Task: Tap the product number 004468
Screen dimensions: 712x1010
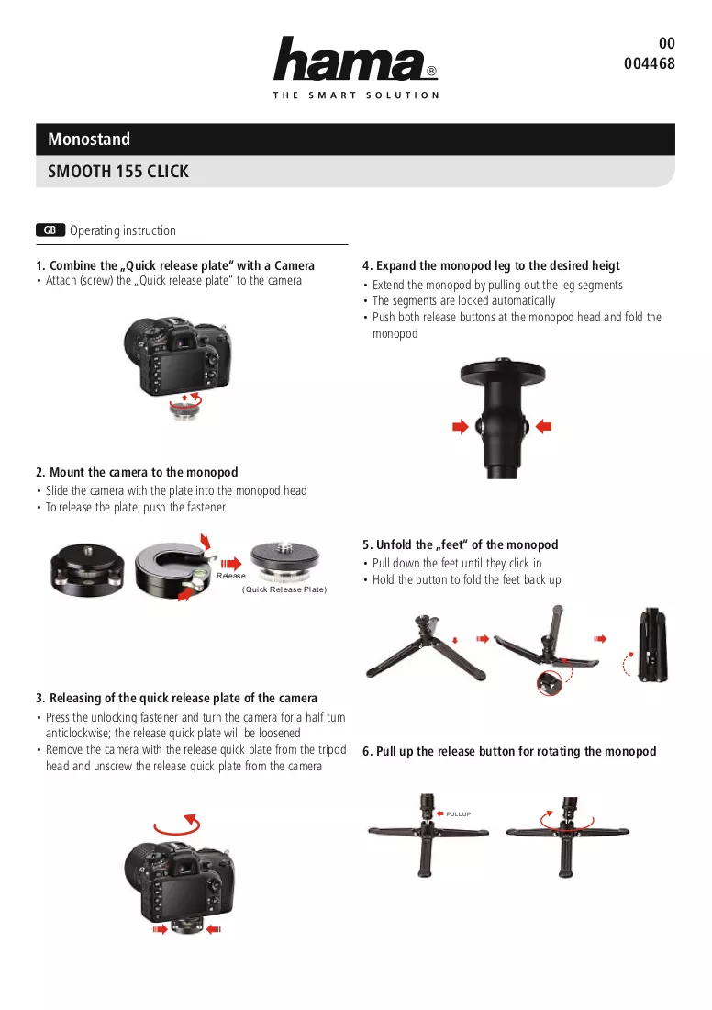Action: click(649, 63)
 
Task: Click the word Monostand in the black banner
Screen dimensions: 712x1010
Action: click(89, 140)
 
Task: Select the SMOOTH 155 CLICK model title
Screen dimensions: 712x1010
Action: click(118, 172)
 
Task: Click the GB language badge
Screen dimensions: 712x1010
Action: click(50, 230)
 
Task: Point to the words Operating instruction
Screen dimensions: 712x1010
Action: click(123, 230)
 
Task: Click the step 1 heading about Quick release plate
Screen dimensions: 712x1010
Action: click(175, 265)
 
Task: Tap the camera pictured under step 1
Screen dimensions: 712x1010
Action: click(177, 356)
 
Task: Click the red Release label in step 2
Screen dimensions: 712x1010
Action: click(230, 576)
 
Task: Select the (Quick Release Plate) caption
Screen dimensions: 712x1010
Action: click(284, 589)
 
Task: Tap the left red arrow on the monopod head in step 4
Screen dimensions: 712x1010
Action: click(461, 426)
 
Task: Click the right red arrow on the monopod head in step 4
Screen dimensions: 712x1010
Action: click(544, 426)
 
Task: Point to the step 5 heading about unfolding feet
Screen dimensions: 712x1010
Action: click(461, 544)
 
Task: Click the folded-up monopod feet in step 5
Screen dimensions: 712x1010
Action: click(652, 645)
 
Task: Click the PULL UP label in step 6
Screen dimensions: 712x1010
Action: click(459, 814)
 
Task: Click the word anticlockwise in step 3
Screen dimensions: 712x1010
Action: click(76, 733)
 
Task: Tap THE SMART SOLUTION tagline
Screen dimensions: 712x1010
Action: click(356, 95)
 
